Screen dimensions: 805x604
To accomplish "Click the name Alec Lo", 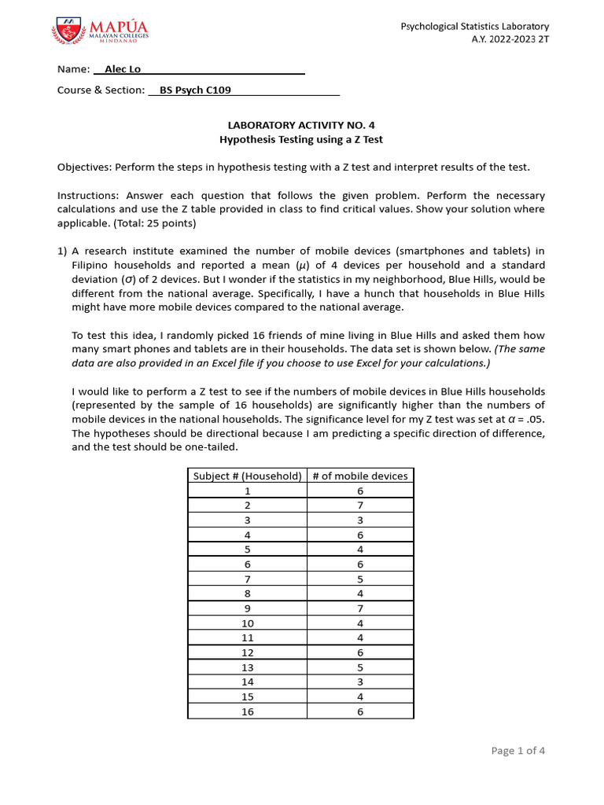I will click(x=116, y=69).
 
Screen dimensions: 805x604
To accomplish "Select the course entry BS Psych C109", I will click(x=195, y=90).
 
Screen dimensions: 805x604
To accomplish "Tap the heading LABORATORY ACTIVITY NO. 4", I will click(x=300, y=125).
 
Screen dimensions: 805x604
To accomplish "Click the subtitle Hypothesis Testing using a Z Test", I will click(x=300, y=139).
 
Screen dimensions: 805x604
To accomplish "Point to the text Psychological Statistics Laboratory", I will click(x=475, y=27).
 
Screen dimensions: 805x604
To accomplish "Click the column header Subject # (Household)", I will click(x=247, y=476).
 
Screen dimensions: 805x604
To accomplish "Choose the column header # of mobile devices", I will click(x=360, y=476).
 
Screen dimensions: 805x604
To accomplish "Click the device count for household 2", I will click(x=360, y=505).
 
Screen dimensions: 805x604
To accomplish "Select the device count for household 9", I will click(x=360, y=608).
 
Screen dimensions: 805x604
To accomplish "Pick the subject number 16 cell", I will click(x=247, y=711).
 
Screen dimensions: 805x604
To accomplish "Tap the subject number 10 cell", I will click(x=247, y=623).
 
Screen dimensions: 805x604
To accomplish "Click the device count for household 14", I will click(x=360, y=682).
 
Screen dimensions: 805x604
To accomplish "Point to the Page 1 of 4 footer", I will click(x=517, y=751).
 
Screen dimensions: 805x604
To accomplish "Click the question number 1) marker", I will click(x=63, y=252).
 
